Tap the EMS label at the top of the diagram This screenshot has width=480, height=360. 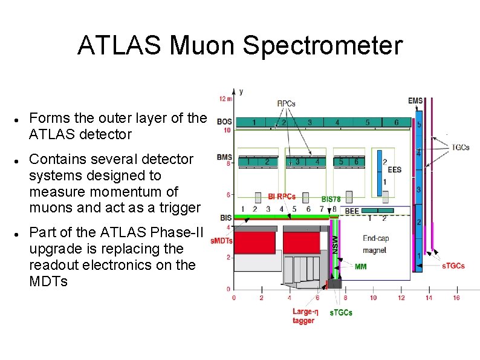[415, 100]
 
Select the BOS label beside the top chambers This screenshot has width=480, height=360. [224, 122]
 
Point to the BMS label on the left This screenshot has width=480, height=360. [224, 157]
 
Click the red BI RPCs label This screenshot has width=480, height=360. [282, 196]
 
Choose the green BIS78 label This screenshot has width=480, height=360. [332, 198]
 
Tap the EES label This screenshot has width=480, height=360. [394, 170]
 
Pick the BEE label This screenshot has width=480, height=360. [352, 211]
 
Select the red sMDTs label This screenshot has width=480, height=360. [221, 240]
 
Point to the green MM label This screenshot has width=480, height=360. [361, 266]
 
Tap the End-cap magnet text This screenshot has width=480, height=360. [375, 244]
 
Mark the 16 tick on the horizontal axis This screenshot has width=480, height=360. [456, 298]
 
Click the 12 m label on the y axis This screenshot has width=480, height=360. [224, 99]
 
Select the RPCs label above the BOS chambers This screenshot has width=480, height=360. [286, 103]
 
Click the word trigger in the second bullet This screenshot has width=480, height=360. [176, 208]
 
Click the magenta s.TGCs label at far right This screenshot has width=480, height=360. [453, 266]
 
